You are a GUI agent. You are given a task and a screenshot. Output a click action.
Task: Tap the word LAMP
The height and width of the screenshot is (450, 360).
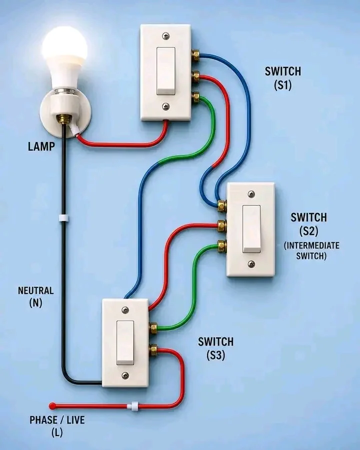(x=41, y=146)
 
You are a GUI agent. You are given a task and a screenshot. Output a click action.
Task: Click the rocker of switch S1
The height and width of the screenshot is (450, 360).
(x=166, y=71)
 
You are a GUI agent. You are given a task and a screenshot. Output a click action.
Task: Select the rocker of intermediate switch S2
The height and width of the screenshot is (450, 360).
(x=252, y=229)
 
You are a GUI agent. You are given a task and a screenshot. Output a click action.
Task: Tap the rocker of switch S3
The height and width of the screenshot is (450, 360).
(x=125, y=342)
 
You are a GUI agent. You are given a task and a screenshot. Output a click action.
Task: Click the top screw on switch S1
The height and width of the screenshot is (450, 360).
(x=166, y=36)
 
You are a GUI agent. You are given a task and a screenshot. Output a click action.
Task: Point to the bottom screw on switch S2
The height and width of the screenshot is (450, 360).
(x=251, y=264)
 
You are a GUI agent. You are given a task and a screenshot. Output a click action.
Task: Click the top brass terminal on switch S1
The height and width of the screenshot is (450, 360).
(x=196, y=55)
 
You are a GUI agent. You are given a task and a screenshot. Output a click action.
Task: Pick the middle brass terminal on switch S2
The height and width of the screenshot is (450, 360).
(x=221, y=226)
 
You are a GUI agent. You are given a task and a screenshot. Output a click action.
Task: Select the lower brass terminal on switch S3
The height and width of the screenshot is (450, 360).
(x=153, y=350)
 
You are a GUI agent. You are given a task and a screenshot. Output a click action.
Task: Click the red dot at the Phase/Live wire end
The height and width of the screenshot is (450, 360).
(x=52, y=406)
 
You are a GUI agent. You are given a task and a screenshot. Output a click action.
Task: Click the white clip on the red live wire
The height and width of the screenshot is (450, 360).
(x=133, y=406)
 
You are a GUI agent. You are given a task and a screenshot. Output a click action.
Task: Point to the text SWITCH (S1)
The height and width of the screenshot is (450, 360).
(x=283, y=78)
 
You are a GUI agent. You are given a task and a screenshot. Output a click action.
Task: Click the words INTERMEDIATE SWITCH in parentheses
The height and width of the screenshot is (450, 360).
(x=311, y=250)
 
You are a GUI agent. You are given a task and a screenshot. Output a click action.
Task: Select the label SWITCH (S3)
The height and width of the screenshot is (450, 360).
(x=215, y=348)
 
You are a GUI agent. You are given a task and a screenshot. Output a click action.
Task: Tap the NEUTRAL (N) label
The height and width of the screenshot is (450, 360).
(x=36, y=296)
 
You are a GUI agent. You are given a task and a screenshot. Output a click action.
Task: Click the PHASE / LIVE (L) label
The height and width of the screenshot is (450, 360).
(x=57, y=426)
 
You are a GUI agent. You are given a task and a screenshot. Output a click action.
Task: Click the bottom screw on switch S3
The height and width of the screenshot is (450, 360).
(x=125, y=375)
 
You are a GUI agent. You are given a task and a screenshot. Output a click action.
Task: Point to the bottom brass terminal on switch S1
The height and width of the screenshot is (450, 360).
(x=196, y=97)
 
